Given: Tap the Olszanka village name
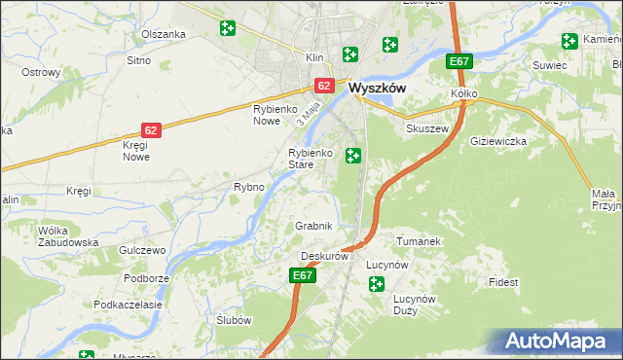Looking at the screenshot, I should click(163, 34).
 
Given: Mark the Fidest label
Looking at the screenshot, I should click(504, 282).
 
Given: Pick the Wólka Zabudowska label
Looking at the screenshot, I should click(67, 236).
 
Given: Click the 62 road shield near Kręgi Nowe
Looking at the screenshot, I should click(150, 129).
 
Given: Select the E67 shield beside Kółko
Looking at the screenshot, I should click(459, 62).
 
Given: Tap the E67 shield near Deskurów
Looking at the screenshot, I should click(303, 276).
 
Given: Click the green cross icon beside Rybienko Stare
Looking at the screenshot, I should click(353, 155).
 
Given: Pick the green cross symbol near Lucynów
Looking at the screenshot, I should click(376, 283).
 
